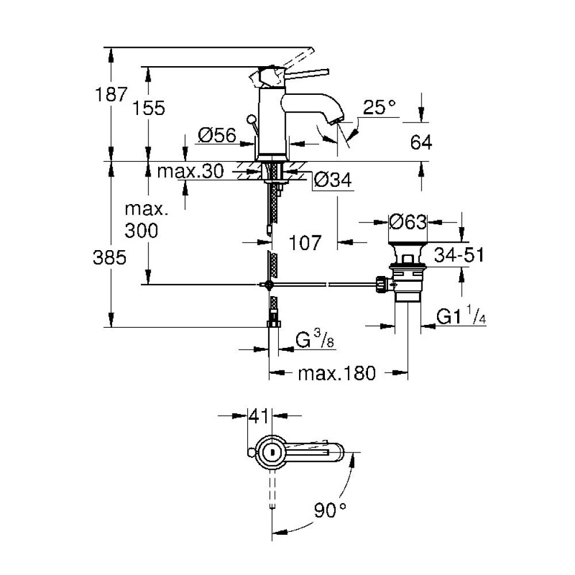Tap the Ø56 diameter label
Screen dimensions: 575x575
217,135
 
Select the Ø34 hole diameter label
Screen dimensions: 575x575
333,181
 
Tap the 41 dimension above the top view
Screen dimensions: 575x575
259,413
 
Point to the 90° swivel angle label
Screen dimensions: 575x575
330,508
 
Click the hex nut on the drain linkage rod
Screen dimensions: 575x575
380,283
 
